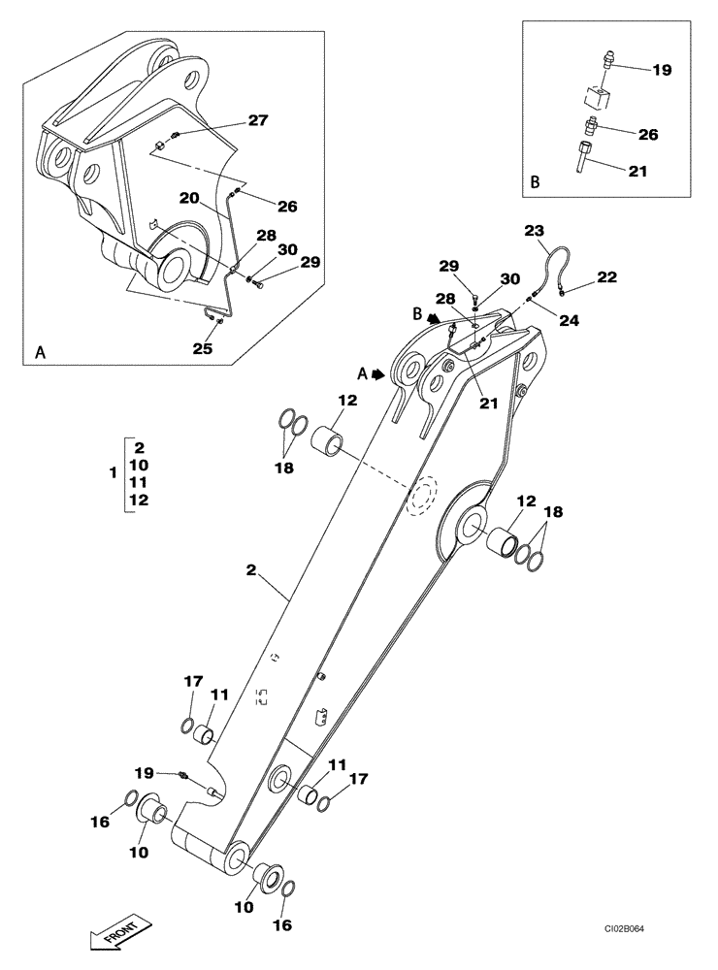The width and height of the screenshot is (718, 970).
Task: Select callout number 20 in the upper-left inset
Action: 189,198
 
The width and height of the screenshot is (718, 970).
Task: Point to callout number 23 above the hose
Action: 535,230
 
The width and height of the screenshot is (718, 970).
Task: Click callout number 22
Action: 606,276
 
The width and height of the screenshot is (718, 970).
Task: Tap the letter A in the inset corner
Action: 41,354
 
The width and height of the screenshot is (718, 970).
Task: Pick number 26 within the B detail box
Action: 647,135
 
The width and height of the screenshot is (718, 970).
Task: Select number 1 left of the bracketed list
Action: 114,473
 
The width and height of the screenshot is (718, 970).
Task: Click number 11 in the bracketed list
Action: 139,482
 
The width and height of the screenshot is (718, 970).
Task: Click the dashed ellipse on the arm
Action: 423,498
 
